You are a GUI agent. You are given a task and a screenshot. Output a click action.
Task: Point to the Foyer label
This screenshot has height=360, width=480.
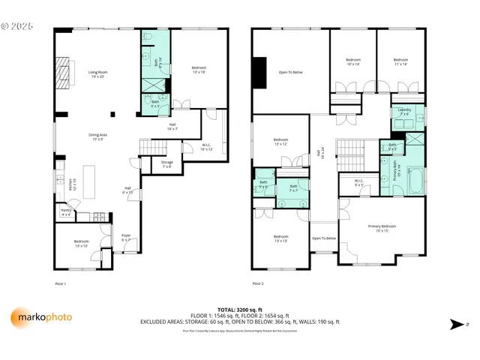(126, 237)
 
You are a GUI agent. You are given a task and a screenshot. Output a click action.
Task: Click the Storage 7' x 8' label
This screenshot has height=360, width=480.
(166, 163)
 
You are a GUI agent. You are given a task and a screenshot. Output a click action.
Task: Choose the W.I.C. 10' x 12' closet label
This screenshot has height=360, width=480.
(207, 147)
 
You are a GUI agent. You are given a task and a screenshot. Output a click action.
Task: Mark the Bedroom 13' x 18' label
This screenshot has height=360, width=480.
(199, 70)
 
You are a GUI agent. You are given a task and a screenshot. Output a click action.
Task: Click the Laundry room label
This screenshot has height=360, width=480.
(405, 112)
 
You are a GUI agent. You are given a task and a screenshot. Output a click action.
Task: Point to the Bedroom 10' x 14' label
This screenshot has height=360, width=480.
(352, 61)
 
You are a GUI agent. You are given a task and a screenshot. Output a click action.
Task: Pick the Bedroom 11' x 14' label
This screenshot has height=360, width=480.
(400, 61)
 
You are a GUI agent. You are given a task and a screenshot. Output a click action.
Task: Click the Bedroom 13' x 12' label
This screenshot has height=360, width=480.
(281, 141)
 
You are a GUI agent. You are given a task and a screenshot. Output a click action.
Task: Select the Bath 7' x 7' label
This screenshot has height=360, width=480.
(294, 187)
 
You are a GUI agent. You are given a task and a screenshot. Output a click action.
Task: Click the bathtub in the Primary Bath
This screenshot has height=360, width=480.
(418, 175)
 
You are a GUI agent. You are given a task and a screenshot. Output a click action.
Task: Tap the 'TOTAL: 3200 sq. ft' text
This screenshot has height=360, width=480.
(238, 310)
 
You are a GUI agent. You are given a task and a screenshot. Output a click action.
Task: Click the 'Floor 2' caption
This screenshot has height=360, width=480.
(258, 283)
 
